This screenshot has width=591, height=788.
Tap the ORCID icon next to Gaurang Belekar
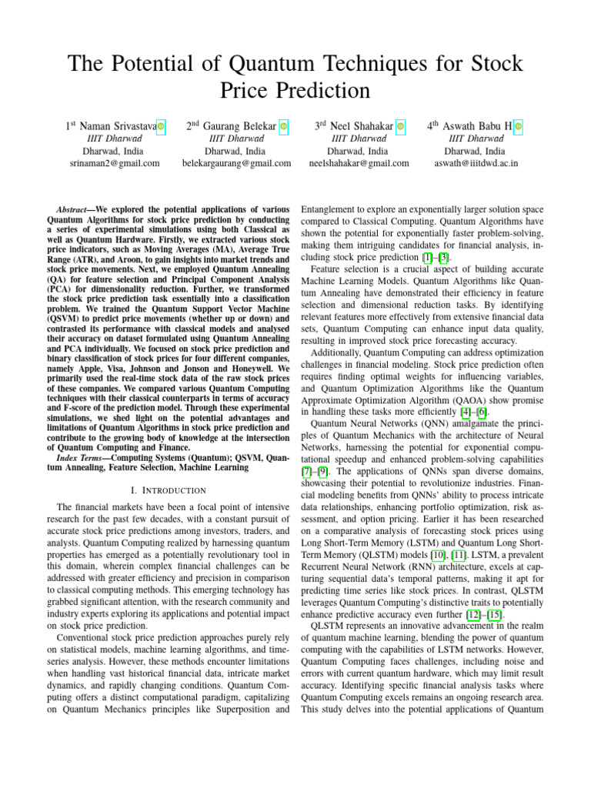click(x=284, y=125)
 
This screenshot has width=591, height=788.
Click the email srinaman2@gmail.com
click(x=115, y=163)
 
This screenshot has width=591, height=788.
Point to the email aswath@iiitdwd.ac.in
click(x=477, y=163)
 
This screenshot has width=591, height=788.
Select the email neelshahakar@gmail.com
click(x=359, y=163)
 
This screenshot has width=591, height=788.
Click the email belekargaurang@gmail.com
click(x=237, y=163)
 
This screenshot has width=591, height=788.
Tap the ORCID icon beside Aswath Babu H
click(x=519, y=125)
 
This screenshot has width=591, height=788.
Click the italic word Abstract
click(x=76, y=210)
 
